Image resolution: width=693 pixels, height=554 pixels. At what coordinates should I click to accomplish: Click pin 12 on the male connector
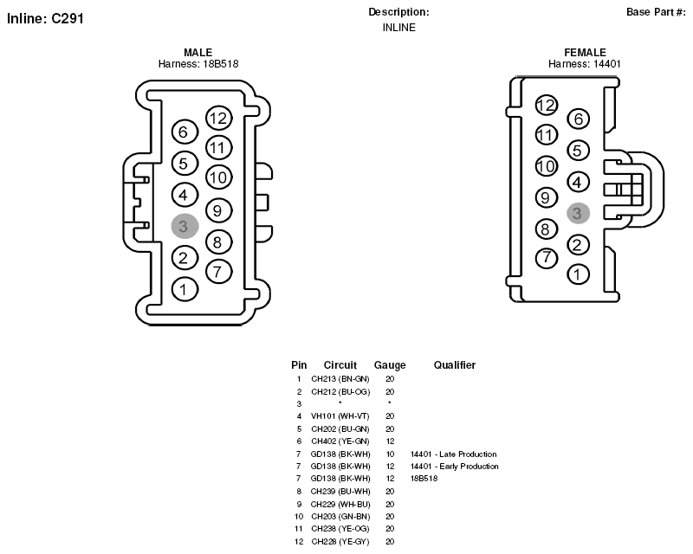click(x=219, y=118)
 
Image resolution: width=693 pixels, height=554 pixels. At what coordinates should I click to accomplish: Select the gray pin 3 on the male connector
click(x=185, y=226)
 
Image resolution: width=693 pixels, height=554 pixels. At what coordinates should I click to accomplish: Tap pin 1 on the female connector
click(x=578, y=274)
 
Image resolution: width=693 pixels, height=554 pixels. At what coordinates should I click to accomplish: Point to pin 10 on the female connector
click(x=547, y=166)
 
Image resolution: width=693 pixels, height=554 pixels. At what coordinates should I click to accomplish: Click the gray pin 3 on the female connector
click(x=578, y=214)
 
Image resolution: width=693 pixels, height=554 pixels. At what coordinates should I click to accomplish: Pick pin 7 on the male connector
click(x=219, y=271)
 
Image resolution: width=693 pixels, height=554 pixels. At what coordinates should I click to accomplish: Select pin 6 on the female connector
click(x=578, y=119)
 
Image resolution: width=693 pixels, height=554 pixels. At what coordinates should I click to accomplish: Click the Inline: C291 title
click(x=45, y=18)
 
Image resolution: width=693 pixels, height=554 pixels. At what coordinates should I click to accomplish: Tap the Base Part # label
click(x=656, y=12)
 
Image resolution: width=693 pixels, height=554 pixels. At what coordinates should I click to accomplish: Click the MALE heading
click(x=198, y=52)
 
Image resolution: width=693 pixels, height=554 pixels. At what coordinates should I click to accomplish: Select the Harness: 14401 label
click(x=584, y=64)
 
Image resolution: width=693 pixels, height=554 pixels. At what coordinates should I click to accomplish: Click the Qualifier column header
click(x=454, y=365)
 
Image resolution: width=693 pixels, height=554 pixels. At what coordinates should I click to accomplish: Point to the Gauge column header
click(x=390, y=365)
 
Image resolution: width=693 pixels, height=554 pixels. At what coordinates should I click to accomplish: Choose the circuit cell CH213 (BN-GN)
click(x=340, y=379)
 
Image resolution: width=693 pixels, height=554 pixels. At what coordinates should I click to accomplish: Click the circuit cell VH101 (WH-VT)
click(x=340, y=416)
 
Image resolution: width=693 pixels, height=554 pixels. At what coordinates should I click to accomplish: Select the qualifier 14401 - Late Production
click(x=453, y=454)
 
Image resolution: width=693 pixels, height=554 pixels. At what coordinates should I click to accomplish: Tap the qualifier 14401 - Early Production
click(x=454, y=467)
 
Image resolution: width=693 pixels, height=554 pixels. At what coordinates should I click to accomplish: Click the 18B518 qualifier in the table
click(x=424, y=479)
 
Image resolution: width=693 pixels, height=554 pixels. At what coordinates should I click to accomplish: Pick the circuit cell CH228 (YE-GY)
click(x=340, y=542)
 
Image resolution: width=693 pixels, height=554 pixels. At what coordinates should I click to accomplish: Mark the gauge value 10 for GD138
click(x=390, y=454)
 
